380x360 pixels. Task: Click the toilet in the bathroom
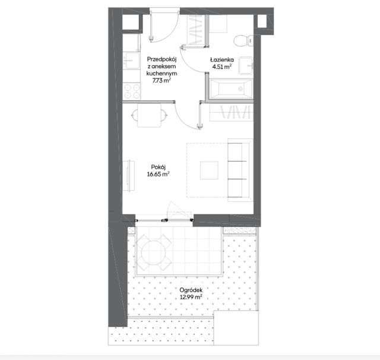(x=243, y=40)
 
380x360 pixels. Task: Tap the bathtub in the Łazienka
(x=231, y=89)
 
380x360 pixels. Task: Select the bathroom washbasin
(x=245, y=65)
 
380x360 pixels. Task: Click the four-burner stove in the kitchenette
(x=132, y=91)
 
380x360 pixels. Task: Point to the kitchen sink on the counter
(x=132, y=61)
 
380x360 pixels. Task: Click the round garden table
(x=154, y=252)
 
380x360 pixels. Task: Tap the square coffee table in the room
(x=209, y=170)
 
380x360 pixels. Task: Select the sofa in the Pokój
(x=239, y=170)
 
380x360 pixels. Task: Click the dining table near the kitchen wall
(x=149, y=115)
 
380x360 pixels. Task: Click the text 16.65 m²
(x=158, y=174)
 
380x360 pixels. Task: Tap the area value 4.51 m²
(x=221, y=67)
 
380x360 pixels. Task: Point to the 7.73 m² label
(x=161, y=80)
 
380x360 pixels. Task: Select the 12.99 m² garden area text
(x=191, y=296)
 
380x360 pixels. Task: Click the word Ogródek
(x=191, y=290)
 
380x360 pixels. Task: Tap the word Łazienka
(x=222, y=59)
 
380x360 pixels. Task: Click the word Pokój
(x=159, y=167)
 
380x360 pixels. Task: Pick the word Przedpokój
(x=161, y=59)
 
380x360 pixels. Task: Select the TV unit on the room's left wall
(x=129, y=175)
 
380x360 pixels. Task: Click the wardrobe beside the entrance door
(x=197, y=30)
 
